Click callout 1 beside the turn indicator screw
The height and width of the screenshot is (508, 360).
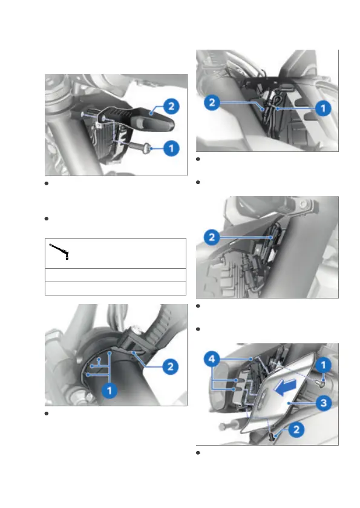tap(171, 148)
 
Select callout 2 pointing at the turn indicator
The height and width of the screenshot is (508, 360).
tap(171, 107)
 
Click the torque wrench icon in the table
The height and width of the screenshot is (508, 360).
tap(59, 251)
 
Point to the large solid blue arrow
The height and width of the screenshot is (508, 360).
tap(285, 387)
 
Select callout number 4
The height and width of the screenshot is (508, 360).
tap(212, 359)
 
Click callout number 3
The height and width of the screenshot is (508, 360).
tap(323, 403)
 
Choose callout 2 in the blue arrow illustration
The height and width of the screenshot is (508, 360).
tap(296, 430)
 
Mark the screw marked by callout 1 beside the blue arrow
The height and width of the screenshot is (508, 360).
tap(319, 383)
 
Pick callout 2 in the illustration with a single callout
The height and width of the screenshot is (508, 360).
tap(212, 237)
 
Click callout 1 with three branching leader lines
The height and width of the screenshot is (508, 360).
tap(110, 391)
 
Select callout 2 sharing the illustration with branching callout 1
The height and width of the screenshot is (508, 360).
tap(170, 367)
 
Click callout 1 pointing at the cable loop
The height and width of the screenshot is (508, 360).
tap(323, 108)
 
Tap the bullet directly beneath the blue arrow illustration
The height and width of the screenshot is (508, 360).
tap(198, 453)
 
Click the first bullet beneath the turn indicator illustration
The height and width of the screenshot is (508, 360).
tap(47, 183)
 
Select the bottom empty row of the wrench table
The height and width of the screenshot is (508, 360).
tap(115, 288)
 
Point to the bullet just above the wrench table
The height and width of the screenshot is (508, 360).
tap(47, 219)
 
